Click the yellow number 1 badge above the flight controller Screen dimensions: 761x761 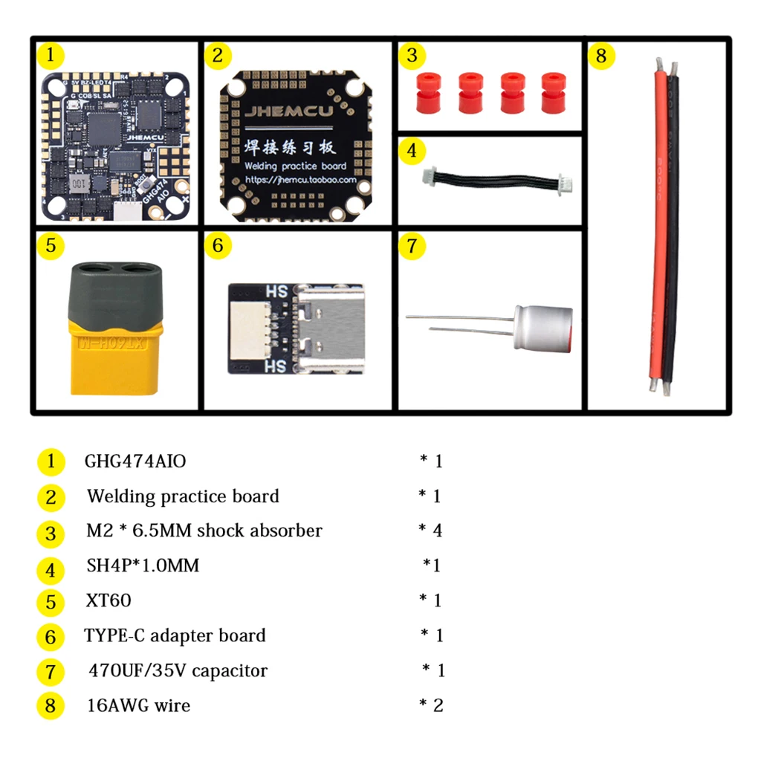pos(50,55)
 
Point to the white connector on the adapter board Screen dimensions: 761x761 pos(246,328)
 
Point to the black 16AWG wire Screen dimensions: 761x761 pos(673,223)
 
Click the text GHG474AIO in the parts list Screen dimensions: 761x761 pos(135,462)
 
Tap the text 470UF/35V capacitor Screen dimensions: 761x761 pos(178,670)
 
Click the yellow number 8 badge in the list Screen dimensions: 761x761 pos(50,705)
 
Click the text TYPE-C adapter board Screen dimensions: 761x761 pos(175,635)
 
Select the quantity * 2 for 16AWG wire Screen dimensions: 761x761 pos(431,705)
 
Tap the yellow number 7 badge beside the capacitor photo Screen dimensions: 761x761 pos(412,245)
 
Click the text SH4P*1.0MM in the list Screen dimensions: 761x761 pos(143,566)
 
